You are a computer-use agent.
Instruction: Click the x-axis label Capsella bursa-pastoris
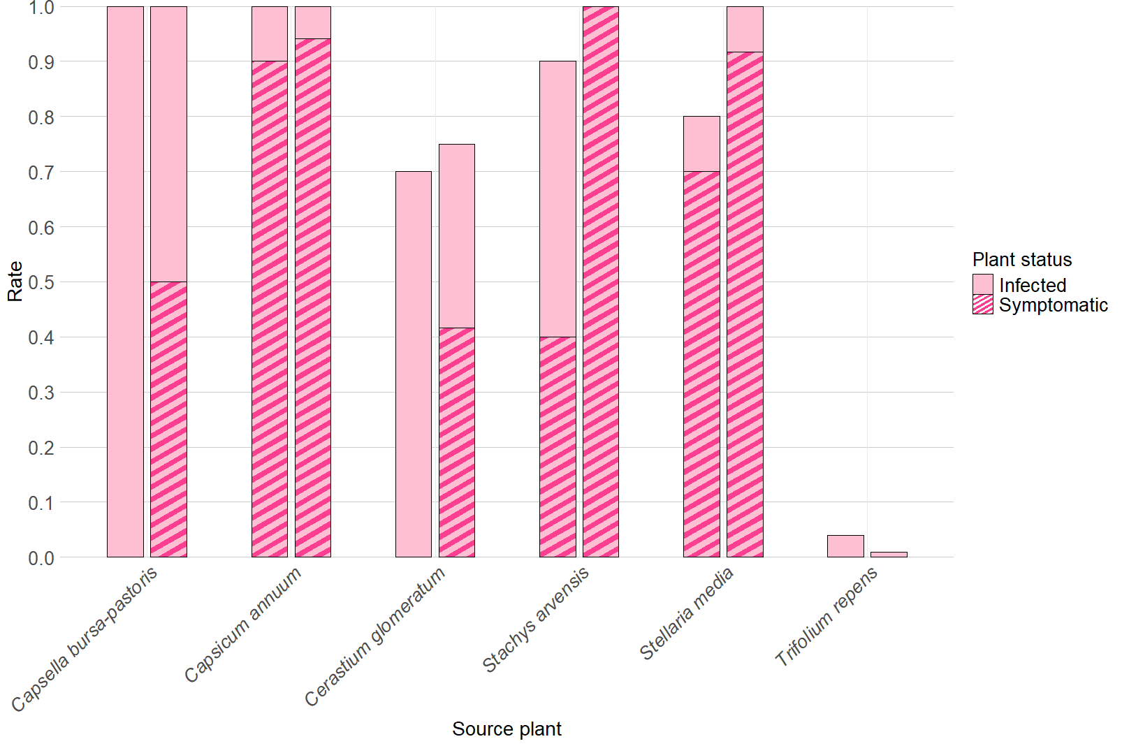pos(85,638)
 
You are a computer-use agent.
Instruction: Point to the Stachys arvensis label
pos(536,619)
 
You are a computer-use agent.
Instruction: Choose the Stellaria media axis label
pos(687,613)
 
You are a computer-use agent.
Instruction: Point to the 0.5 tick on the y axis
pos(41,282)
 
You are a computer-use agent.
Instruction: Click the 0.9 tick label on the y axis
pos(41,62)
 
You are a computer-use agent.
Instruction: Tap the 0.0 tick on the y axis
pos(41,558)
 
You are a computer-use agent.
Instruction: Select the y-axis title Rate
pos(15,281)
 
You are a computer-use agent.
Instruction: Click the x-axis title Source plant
pos(507,729)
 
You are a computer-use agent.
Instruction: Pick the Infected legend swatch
pos(982,284)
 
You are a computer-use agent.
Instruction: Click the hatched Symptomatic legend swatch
pos(982,305)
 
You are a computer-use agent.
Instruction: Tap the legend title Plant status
pos(1021,260)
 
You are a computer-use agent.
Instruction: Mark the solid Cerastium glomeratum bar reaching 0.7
pos(414,363)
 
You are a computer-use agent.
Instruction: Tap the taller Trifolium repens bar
pos(845,546)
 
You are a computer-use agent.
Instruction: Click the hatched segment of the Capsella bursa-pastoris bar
pos(168,419)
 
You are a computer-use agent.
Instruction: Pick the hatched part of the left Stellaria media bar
pos(701,363)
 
